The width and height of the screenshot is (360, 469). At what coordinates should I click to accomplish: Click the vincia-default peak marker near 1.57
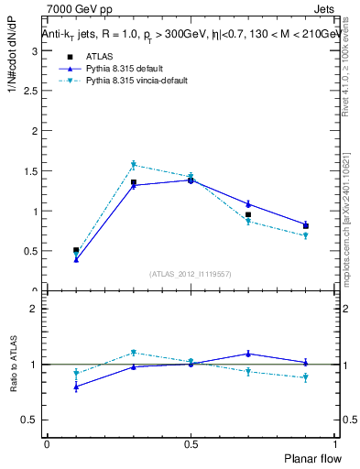click(x=133, y=165)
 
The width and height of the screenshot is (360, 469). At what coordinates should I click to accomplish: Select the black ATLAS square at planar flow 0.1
click(x=76, y=250)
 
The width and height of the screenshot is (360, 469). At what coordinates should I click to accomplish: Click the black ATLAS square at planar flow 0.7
click(x=248, y=214)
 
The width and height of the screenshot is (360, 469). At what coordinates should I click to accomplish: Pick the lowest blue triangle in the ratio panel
click(x=76, y=387)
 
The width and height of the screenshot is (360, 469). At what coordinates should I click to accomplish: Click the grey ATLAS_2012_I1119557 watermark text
click(x=190, y=274)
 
